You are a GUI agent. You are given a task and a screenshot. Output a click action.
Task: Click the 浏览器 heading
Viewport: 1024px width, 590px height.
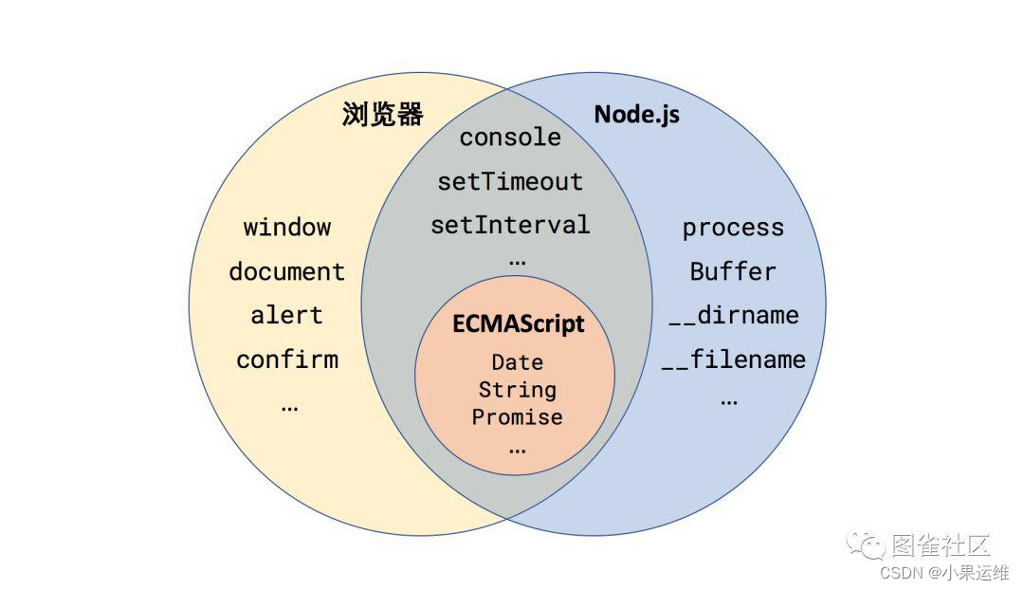click(x=382, y=116)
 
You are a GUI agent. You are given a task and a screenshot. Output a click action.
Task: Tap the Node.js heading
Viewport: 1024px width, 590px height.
click(x=636, y=115)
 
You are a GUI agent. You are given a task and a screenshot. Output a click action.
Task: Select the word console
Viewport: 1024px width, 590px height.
click(x=510, y=138)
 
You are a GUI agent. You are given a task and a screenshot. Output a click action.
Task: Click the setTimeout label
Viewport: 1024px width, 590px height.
click(x=510, y=181)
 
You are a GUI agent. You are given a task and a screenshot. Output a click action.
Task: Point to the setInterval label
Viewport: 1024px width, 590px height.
click(x=510, y=225)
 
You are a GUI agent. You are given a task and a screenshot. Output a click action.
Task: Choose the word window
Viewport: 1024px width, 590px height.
click(x=287, y=228)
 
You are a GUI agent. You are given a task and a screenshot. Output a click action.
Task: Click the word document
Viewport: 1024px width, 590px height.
click(x=287, y=271)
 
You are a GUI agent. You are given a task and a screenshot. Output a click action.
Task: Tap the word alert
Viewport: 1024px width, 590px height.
click(x=287, y=315)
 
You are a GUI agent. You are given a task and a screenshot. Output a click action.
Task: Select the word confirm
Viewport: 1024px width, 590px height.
click(x=287, y=360)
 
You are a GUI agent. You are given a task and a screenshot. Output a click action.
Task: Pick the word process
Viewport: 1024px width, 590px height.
click(x=733, y=228)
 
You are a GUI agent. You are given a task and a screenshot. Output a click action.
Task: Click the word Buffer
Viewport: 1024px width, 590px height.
click(x=733, y=271)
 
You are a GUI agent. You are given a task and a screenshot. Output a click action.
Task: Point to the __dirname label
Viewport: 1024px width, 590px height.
click(x=733, y=315)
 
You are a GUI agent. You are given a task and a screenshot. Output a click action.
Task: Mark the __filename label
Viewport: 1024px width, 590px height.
click(x=733, y=360)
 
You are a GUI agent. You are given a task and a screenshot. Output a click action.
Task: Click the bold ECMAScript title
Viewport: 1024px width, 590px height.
click(x=517, y=324)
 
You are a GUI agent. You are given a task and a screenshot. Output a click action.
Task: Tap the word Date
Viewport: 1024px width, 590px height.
click(x=517, y=362)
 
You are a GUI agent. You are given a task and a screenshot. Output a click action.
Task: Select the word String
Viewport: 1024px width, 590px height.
click(x=517, y=390)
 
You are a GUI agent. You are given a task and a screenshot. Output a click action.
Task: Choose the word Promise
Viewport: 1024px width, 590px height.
click(x=517, y=417)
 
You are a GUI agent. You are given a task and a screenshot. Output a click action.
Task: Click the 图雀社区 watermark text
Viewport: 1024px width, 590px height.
click(x=941, y=545)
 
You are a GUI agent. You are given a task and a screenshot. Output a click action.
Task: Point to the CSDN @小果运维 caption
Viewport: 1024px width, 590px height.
click(x=943, y=572)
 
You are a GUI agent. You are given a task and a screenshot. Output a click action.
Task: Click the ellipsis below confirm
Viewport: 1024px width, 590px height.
click(x=289, y=406)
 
